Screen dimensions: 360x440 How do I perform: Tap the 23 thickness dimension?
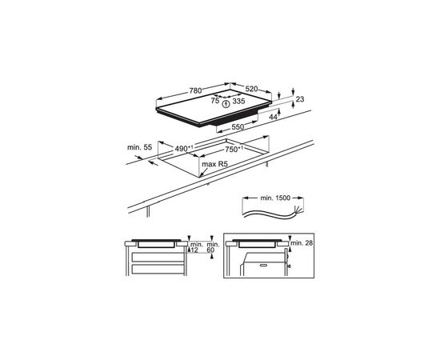(300, 99)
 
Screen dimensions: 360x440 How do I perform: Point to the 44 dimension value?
(274, 117)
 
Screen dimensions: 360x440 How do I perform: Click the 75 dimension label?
(214, 101)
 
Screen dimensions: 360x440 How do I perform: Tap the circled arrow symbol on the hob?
(226, 102)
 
